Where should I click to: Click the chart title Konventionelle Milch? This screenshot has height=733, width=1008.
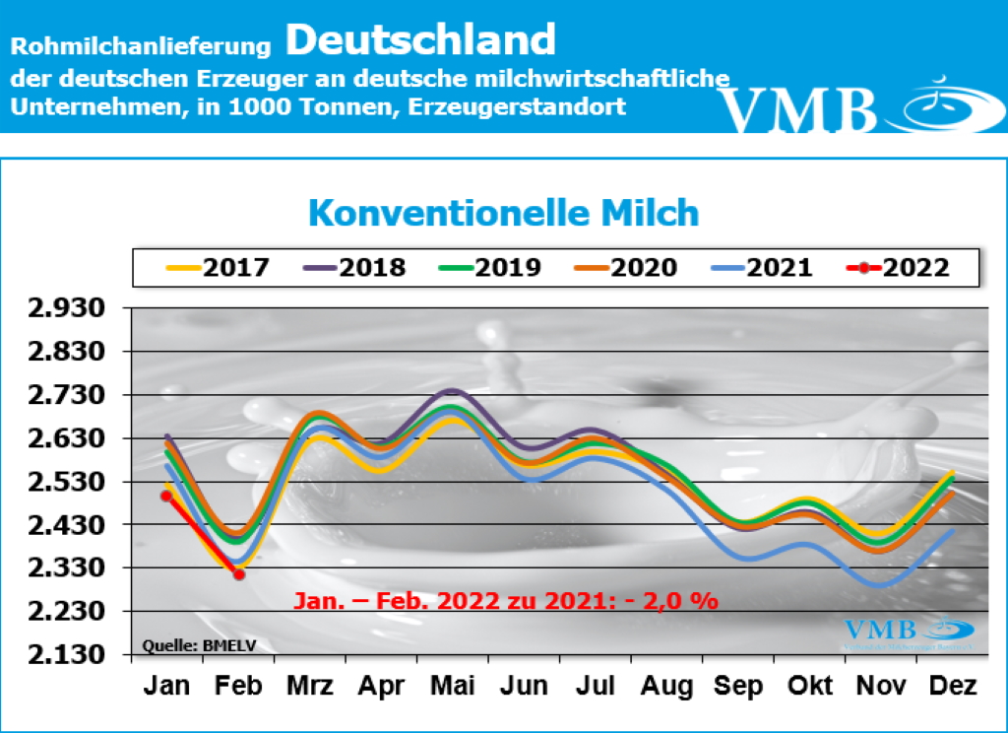pyautogui.click(x=503, y=212)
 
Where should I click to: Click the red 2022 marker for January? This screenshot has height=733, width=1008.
pyautogui.click(x=166, y=496)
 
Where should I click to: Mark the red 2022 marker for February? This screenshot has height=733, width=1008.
pyautogui.click(x=238, y=574)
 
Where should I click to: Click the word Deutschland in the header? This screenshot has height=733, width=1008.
pyautogui.click(x=421, y=40)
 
